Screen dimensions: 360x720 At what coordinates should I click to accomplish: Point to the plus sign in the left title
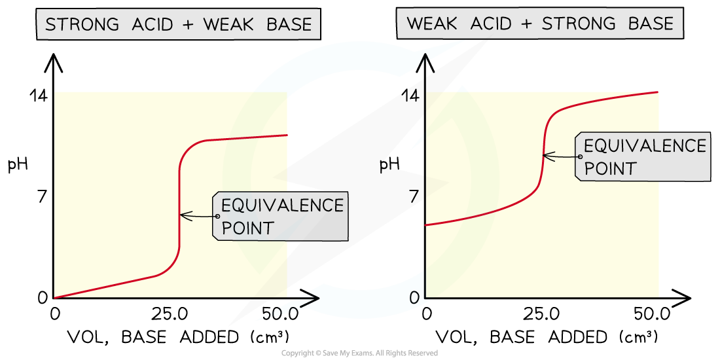(187, 26)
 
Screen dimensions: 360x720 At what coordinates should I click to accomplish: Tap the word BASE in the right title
(650, 24)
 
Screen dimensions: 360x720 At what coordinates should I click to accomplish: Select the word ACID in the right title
(488, 24)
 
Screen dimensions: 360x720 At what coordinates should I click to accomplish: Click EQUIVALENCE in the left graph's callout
(282, 206)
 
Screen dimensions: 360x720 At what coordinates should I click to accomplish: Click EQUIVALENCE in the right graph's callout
(645, 145)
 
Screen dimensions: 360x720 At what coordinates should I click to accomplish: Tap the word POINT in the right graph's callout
(610, 168)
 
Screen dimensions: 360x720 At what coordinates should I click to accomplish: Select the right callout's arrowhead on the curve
(545, 156)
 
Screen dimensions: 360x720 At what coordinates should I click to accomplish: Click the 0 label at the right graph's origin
(414, 298)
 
